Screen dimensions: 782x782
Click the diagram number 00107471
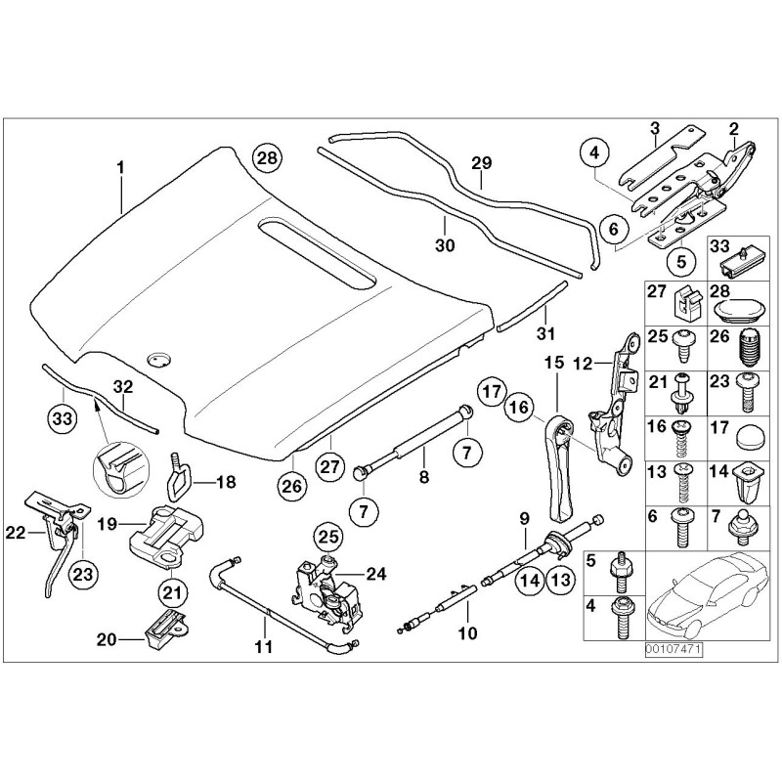(673, 648)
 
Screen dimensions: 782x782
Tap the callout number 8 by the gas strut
(423, 478)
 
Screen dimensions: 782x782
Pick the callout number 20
(106, 639)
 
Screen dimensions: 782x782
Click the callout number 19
(108, 524)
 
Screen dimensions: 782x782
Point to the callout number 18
(225, 481)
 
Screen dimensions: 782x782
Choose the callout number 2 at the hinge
(733, 127)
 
